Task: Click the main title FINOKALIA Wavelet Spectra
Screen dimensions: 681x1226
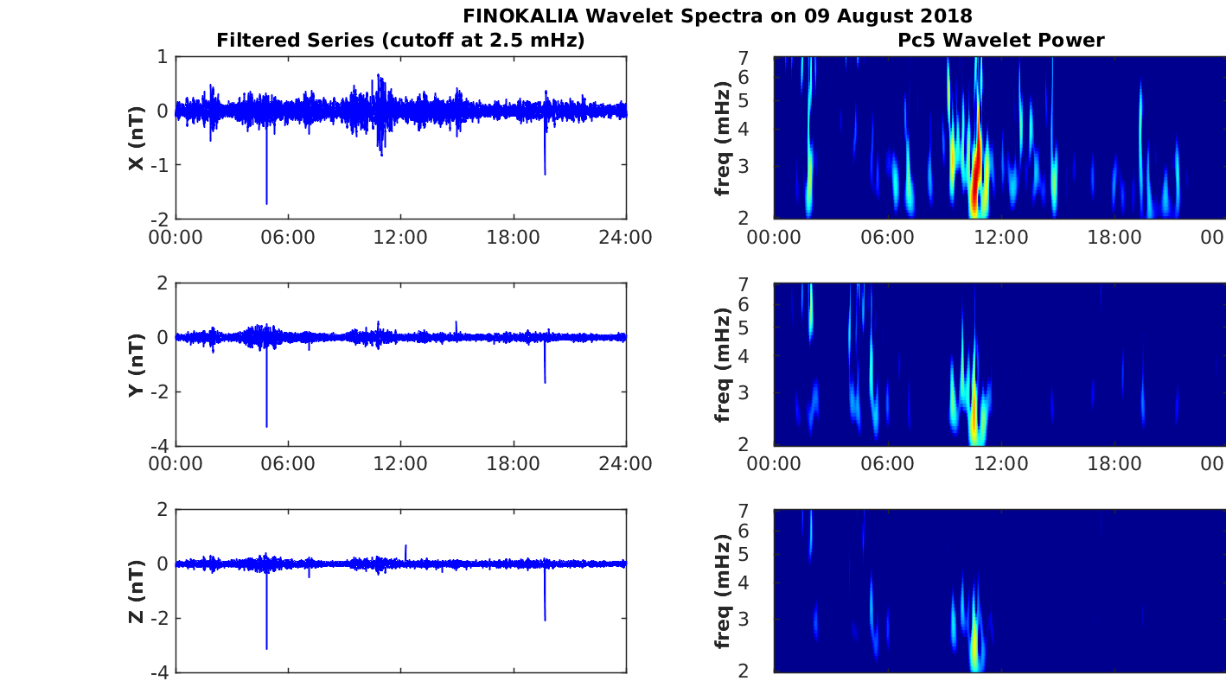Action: tap(717, 16)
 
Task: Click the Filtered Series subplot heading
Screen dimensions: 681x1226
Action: tap(400, 40)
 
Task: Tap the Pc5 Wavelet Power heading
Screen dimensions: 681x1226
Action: tap(1000, 40)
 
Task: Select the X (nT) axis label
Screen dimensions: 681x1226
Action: tap(136, 137)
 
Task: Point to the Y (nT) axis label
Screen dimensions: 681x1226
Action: tap(136, 364)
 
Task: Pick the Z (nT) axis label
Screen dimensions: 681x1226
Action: tap(136, 591)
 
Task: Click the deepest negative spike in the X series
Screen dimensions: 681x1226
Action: tap(266, 202)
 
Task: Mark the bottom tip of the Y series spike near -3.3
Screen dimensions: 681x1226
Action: tap(266, 425)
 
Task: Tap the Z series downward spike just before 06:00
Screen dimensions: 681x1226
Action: tap(266, 647)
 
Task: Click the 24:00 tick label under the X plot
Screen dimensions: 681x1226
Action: tap(625, 238)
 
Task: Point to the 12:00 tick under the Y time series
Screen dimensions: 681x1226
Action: tap(400, 464)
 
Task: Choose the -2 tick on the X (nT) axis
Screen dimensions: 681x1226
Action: tap(162, 218)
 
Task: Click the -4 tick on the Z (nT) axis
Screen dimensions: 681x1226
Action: tap(162, 671)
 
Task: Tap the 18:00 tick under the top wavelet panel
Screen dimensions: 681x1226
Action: tap(1114, 238)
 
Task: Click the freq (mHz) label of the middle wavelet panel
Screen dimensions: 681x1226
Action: tap(723, 364)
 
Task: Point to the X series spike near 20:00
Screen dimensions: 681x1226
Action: tap(545, 173)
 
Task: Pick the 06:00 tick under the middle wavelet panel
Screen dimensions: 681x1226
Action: tap(887, 464)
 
